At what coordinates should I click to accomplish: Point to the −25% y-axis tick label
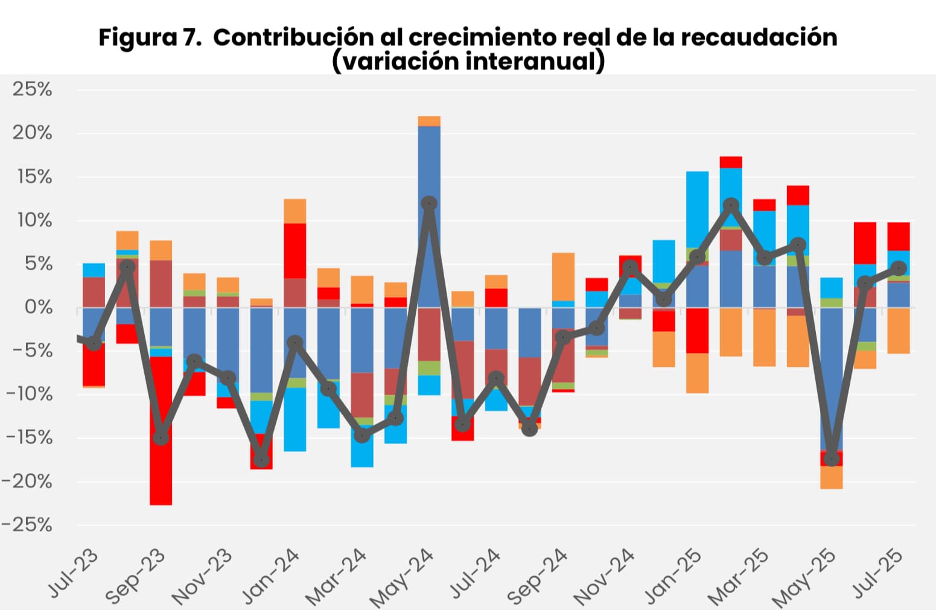27,525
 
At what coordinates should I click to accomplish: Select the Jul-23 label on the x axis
73,573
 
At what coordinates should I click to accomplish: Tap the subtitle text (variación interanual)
468,62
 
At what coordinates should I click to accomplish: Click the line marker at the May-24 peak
429,203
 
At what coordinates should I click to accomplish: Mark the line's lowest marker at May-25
832,459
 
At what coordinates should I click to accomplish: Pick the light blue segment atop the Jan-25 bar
697,209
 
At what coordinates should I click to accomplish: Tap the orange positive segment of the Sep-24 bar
563,276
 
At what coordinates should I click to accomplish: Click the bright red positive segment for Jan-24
295,250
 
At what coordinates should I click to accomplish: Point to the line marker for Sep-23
161,437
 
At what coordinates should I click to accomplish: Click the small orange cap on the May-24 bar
429,121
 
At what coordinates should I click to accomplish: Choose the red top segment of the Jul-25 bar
899,236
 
